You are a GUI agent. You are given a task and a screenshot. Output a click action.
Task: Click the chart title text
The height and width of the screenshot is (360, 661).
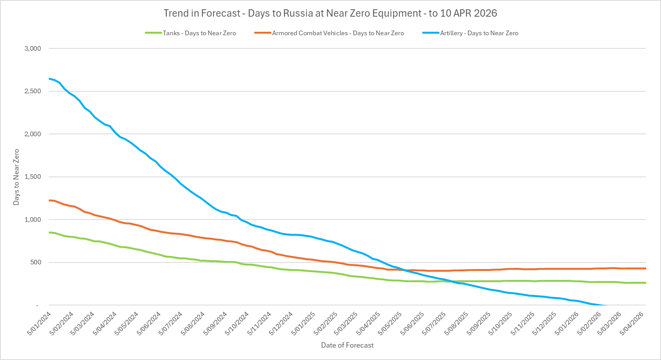tap(330, 13)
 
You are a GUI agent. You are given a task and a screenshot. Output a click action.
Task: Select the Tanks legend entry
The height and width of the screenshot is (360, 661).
tap(199, 33)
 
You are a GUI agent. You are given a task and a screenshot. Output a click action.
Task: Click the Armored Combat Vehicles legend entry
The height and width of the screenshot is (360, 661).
tap(338, 33)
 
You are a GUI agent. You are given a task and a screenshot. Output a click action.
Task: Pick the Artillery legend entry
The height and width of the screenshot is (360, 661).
tap(479, 33)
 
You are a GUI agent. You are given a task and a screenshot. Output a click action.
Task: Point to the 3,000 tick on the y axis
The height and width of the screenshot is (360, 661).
tap(33, 48)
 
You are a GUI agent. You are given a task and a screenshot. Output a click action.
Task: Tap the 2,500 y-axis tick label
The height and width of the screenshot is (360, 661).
tap(33, 91)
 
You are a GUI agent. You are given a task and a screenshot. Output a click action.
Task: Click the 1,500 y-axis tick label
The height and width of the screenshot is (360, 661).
tap(33, 177)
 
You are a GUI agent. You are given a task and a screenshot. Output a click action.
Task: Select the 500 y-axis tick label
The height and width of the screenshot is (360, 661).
tap(35, 262)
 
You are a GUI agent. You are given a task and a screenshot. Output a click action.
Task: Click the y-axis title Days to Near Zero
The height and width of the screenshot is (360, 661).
tap(16, 177)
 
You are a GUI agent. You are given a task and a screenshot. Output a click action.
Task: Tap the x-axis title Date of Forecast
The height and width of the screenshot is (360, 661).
tap(347, 345)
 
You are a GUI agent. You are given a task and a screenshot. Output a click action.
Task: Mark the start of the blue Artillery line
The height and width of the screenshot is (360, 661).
tap(49, 79)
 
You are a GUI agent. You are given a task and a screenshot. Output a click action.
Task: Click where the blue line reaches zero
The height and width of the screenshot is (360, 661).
tap(605, 305)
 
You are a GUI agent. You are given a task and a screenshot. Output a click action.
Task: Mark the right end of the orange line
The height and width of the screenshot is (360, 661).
tap(646, 268)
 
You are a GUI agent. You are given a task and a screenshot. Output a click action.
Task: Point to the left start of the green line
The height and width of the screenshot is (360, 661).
tap(49, 232)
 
